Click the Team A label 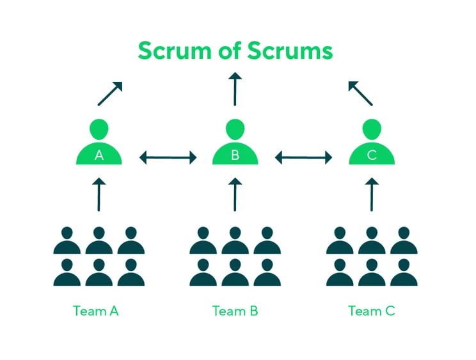click(96, 311)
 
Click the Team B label click(235, 311)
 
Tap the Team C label click(372, 311)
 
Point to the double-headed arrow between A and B click(168, 157)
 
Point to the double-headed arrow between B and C click(304, 157)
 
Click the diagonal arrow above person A click(109, 93)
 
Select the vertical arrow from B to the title click(235, 89)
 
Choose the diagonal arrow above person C click(360, 93)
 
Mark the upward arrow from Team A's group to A click(99, 194)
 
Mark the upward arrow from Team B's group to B click(235, 194)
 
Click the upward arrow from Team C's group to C click(372, 194)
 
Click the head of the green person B click(235, 129)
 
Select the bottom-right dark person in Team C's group click(404, 272)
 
